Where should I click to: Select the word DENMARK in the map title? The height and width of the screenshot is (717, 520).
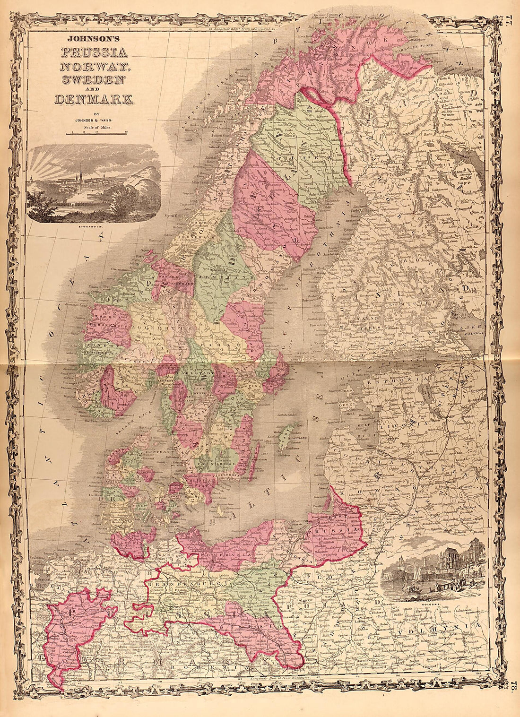coord(94,99)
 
